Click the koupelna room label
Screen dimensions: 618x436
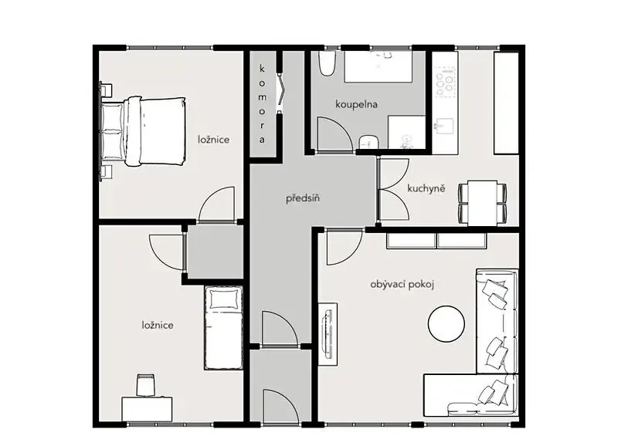(x=356, y=104)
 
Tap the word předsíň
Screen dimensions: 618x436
(x=303, y=198)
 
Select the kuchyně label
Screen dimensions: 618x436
(x=426, y=188)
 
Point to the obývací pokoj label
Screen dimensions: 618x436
(x=402, y=285)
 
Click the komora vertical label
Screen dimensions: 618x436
(x=262, y=104)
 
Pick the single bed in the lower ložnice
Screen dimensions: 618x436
(x=223, y=328)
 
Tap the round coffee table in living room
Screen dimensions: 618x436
(x=447, y=324)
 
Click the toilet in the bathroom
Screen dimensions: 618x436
(x=327, y=63)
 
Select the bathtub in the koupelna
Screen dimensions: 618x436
(x=379, y=66)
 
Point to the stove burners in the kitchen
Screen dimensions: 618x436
(x=446, y=82)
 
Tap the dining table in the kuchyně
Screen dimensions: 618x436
(x=482, y=203)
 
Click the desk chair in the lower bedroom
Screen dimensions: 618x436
(x=145, y=385)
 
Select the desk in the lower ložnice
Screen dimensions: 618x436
(x=147, y=409)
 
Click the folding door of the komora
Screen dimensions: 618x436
(x=280, y=93)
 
